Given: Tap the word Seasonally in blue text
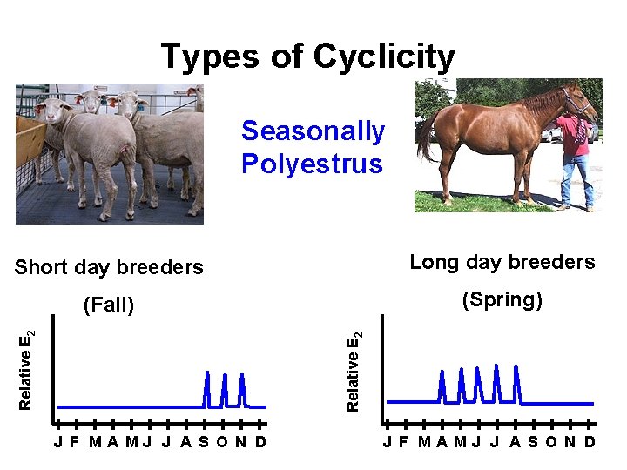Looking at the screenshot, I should [313, 131].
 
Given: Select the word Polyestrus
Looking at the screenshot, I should [312, 164].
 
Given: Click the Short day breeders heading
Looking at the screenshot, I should [109, 267].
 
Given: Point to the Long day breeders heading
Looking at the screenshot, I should [502, 262].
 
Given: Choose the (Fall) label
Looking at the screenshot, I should [108, 305].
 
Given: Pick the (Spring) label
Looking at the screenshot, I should [502, 300].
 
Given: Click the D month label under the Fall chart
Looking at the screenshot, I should [260, 441].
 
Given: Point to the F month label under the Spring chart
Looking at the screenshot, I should [402, 441].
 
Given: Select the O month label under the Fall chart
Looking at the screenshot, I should [221, 441].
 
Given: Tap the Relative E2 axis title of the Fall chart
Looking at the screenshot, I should [27, 370].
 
